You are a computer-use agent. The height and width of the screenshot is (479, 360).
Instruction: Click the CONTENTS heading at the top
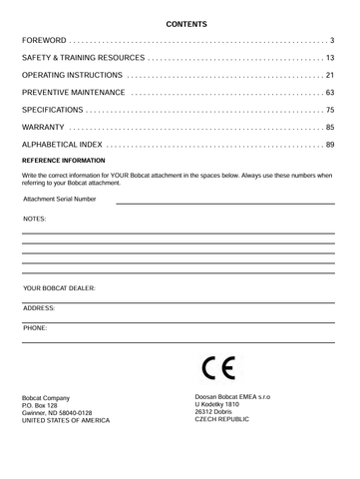tap(180, 22)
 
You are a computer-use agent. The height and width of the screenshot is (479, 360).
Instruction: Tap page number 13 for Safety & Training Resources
tap(329, 59)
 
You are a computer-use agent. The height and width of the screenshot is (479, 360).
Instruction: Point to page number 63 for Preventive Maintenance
tap(329, 93)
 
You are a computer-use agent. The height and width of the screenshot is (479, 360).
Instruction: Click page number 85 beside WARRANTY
tap(329, 128)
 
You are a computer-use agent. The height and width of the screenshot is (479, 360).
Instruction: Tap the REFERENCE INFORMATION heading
tap(63, 161)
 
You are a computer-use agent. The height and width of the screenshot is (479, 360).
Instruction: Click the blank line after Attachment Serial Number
tap(224, 203)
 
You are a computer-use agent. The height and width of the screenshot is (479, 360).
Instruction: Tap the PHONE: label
tap(34, 326)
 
